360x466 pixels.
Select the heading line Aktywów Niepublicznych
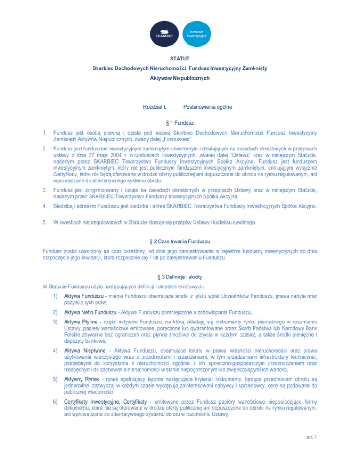(180, 78)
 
